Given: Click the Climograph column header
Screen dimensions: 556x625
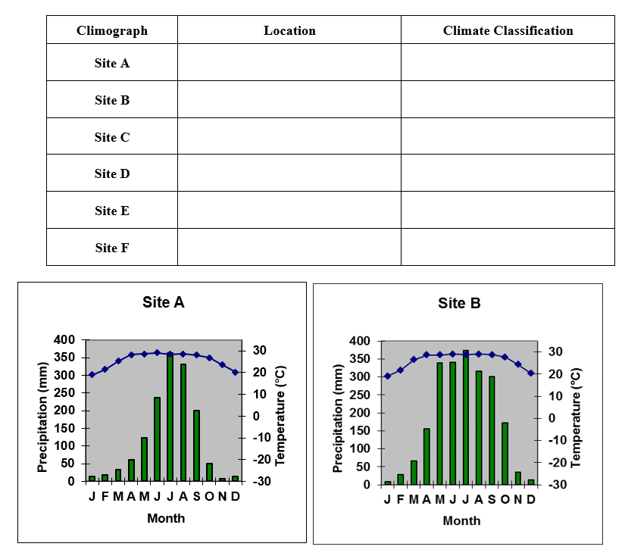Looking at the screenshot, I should point(112,30).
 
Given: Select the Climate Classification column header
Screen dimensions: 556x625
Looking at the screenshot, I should point(508,30).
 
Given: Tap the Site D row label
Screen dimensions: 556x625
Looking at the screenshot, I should point(112,173).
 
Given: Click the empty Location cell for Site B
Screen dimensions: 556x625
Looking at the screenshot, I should point(289,99).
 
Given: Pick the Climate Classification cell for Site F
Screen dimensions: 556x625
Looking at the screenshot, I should point(508,247).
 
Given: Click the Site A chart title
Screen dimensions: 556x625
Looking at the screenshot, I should point(163,302).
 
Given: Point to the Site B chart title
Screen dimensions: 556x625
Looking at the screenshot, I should point(459,304).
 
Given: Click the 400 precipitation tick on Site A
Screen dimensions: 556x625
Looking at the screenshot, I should point(65,340).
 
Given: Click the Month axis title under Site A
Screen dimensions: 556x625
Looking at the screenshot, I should point(166,518).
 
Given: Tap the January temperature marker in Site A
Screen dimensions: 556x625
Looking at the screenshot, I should point(92,374).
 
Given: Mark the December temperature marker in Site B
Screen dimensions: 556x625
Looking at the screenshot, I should point(531,373).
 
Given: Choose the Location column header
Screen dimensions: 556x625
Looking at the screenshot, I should point(289,30).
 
